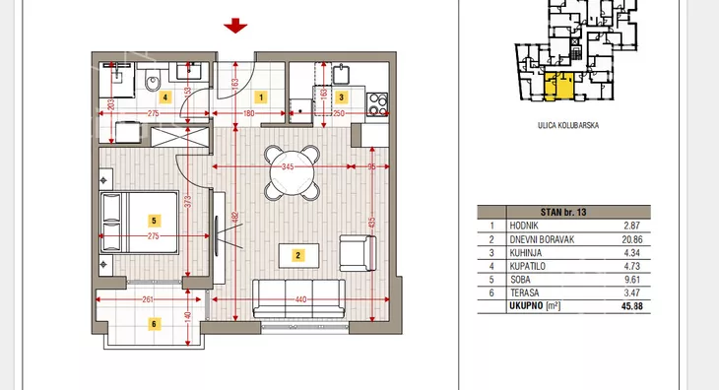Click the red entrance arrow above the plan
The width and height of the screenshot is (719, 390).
[x=235, y=26]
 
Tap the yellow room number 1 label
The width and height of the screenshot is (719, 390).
[x=261, y=97]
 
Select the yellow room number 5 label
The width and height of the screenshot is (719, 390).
[x=154, y=221]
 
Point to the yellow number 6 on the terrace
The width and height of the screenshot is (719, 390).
[x=154, y=324]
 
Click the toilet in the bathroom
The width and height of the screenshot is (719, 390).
[x=153, y=81]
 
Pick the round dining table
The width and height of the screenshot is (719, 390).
[x=293, y=173]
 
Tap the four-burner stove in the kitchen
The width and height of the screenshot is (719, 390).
[x=377, y=104]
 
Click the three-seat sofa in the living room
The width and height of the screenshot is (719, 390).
[x=299, y=298]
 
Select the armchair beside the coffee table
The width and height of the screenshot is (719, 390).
[x=358, y=253]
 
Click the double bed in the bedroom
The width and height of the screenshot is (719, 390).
[x=139, y=223]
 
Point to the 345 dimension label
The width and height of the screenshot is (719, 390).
[x=288, y=166]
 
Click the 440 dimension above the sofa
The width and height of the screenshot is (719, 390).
[x=300, y=299]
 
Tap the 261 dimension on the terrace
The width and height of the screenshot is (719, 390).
[x=148, y=299]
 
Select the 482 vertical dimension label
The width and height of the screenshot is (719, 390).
[x=235, y=218]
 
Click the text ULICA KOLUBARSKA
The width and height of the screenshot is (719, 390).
[x=568, y=125]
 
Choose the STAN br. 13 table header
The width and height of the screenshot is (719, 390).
[x=563, y=212]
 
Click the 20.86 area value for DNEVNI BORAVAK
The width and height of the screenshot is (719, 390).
[x=632, y=239]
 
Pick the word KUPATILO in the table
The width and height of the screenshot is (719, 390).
[x=527, y=266]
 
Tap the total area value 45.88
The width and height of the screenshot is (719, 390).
[x=632, y=306]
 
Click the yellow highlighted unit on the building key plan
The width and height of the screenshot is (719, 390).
[x=559, y=86]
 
